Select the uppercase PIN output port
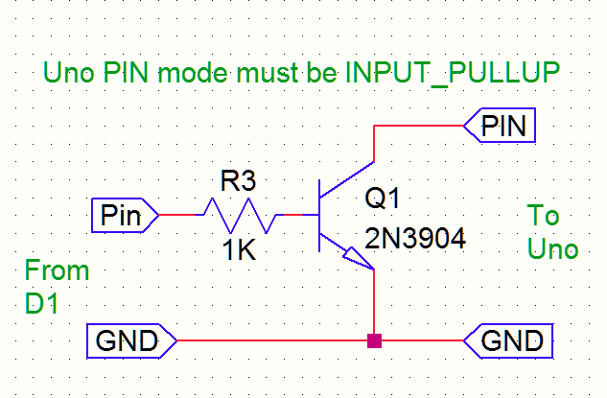[501, 126]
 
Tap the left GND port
[132, 339]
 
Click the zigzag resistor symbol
[240, 216]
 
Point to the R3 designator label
[239, 181]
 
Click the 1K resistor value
[237, 251]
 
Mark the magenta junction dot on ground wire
[374, 339]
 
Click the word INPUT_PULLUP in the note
[451, 73]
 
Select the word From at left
[57, 270]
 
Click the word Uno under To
[553, 249]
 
